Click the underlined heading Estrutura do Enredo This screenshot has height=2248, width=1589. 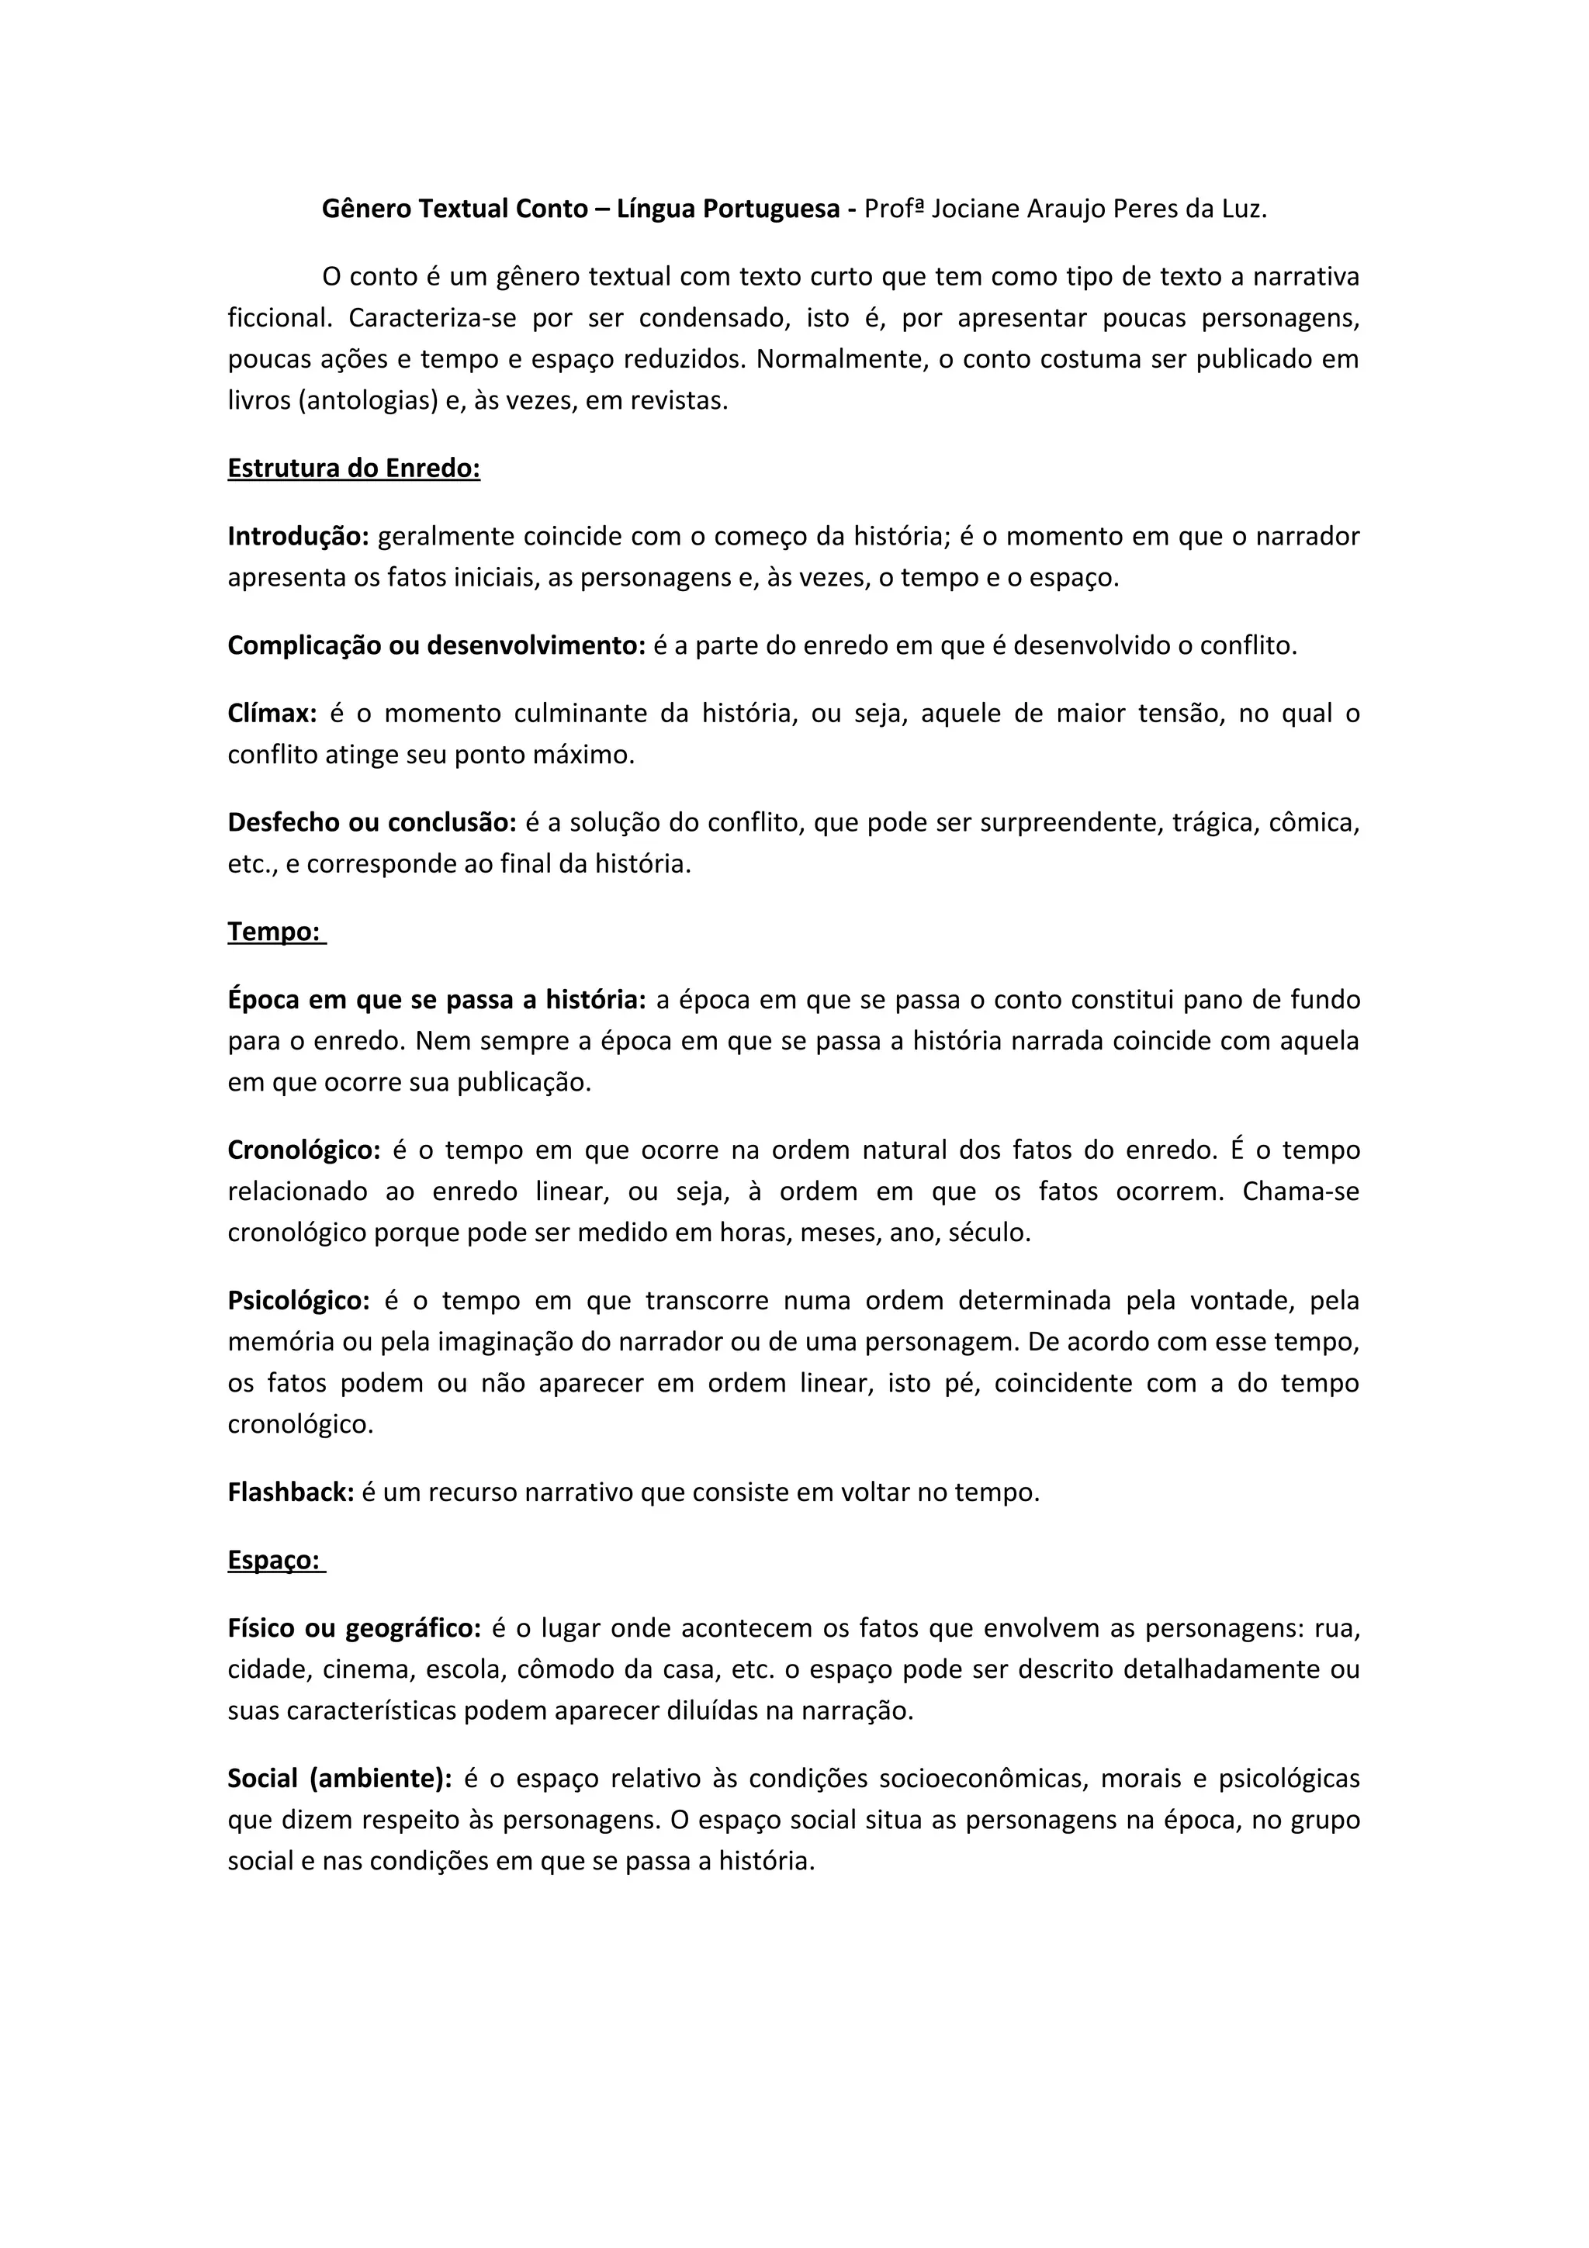354,468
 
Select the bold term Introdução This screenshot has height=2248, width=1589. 298,537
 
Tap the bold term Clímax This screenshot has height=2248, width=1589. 272,713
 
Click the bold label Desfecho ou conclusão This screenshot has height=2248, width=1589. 372,822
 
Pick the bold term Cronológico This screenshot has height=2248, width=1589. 303,1150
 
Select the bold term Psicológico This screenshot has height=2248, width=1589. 299,1300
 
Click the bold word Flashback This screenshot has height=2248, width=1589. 291,1492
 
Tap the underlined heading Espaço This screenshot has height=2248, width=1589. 275,1560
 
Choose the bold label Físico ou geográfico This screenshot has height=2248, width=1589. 355,1628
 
